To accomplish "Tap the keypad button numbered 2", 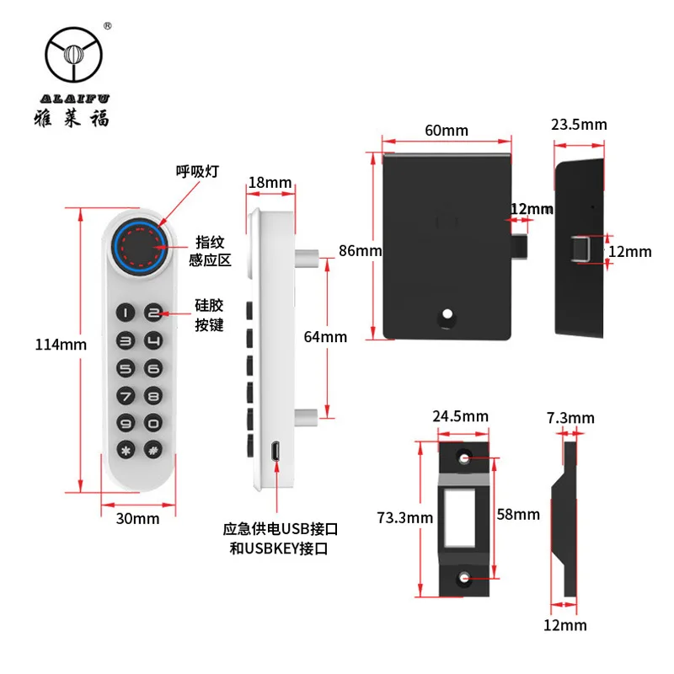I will [152, 314].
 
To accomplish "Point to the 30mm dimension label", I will [138, 518].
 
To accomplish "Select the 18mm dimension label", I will [270, 183].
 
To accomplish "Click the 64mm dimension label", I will [325, 337].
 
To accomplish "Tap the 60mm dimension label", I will [446, 131].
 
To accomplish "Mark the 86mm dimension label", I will [361, 250].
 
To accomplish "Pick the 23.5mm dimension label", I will [579, 125].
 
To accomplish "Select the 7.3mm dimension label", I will [570, 418].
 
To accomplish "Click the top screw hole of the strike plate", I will [464, 457].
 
